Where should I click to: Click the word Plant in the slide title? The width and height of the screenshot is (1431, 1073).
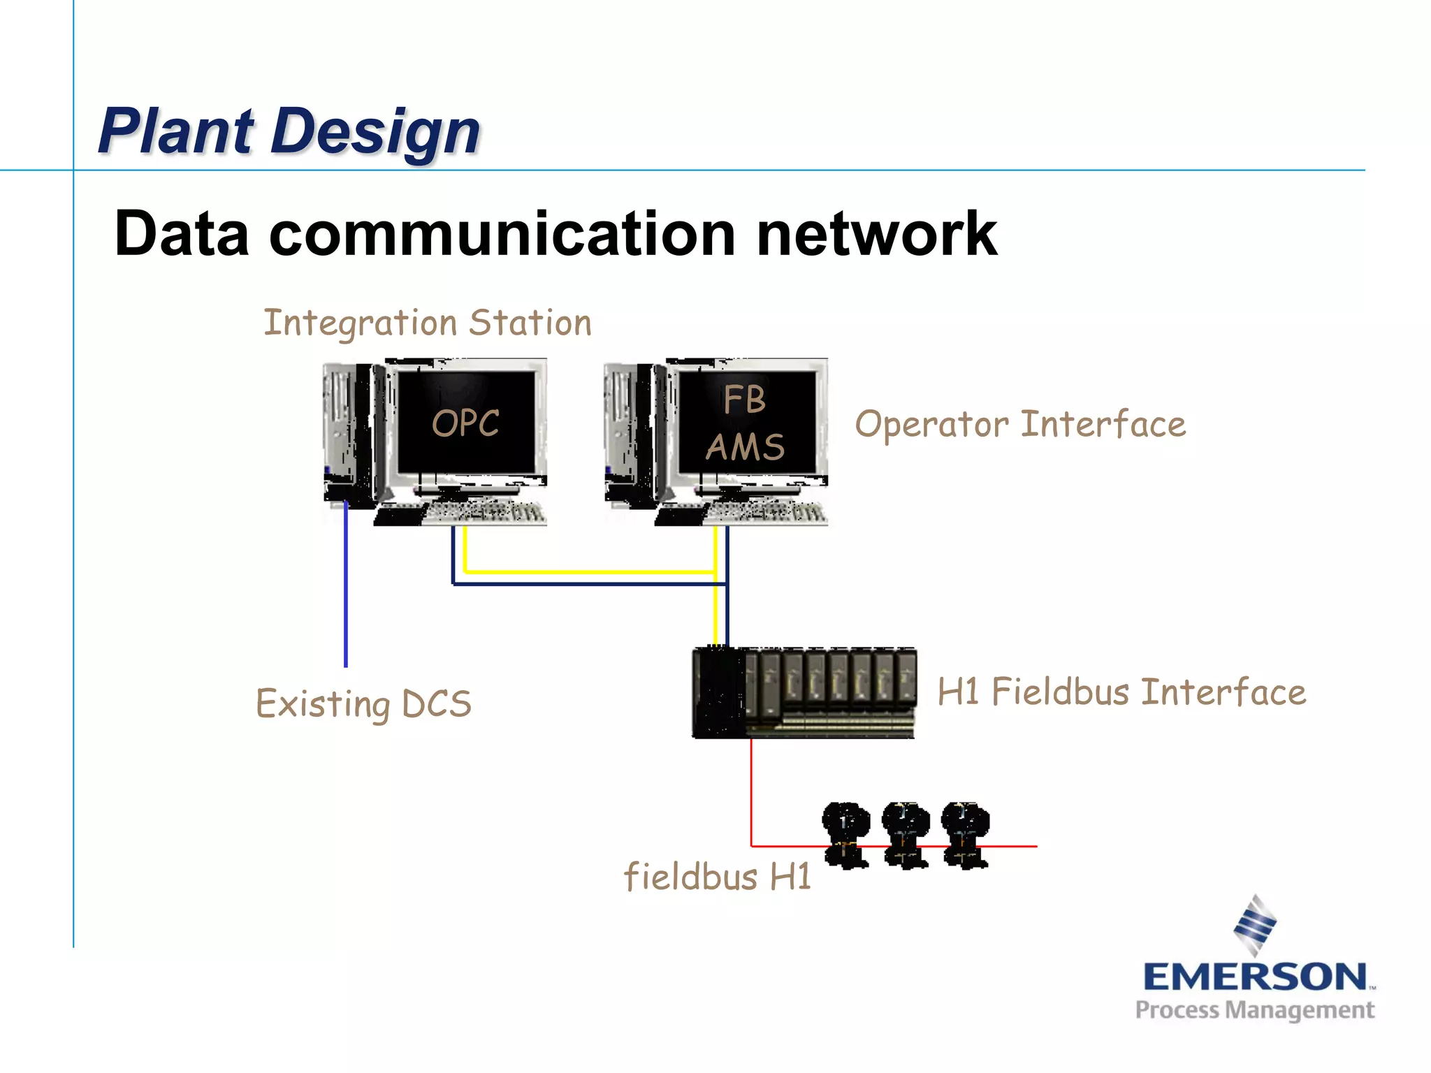[x=175, y=131]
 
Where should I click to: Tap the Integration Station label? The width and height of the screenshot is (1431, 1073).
[x=427, y=323]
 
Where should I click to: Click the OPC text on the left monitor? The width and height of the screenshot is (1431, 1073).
[x=465, y=423]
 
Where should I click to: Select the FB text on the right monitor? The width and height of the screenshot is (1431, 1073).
[x=744, y=400]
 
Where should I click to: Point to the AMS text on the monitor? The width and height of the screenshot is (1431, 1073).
[x=745, y=447]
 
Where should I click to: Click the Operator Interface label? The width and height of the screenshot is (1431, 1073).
[x=1020, y=425]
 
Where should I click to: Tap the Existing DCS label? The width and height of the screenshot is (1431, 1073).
[x=363, y=703]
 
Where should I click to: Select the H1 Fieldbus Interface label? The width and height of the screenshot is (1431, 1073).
[x=1121, y=692]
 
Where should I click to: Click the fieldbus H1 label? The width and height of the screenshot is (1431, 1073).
[x=717, y=877]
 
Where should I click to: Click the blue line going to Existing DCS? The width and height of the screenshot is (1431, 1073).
[x=346, y=594]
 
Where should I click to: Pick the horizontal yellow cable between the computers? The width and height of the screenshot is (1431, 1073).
[x=587, y=572]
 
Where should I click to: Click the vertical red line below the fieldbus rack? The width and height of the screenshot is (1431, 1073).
[x=751, y=789]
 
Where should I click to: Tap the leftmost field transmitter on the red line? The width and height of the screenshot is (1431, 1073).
[x=845, y=835]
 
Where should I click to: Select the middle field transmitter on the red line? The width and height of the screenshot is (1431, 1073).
[x=906, y=835]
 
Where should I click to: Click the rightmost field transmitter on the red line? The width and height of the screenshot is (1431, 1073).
[x=966, y=835]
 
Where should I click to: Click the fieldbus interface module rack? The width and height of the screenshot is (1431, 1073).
[x=804, y=692]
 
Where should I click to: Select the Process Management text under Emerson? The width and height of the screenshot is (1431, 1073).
[x=1254, y=1010]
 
